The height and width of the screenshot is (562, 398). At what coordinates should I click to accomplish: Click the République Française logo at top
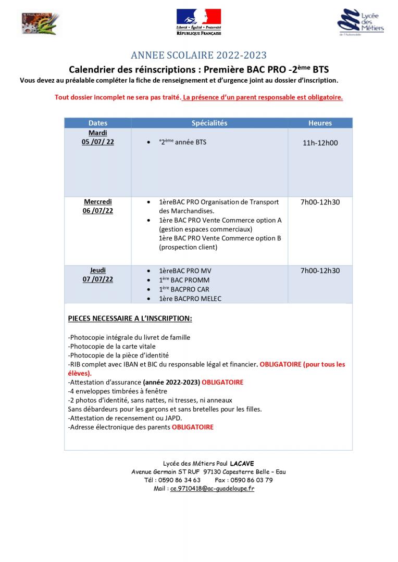(198, 22)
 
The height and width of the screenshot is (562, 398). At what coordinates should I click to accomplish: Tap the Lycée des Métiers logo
(360, 22)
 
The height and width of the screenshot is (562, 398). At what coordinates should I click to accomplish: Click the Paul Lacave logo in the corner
(40, 23)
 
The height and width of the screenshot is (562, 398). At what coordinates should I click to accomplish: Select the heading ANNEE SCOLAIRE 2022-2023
(198, 56)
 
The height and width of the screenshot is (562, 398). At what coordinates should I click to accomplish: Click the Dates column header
(98, 123)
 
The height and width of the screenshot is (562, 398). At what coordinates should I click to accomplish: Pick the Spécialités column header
(209, 123)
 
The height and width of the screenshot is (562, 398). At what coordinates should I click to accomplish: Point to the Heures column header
(320, 123)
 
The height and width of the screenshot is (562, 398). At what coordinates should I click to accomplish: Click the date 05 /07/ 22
(98, 142)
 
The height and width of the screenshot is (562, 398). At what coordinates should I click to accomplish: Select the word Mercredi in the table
(98, 202)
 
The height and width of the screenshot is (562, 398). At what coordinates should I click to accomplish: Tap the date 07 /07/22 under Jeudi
(98, 279)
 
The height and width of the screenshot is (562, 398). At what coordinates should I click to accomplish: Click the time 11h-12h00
(320, 143)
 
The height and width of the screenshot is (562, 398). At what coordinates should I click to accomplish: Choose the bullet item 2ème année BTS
(183, 142)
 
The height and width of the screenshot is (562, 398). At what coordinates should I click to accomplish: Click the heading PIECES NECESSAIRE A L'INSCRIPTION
(130, 318)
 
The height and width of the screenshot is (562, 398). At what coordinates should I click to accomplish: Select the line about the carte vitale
(112, 346)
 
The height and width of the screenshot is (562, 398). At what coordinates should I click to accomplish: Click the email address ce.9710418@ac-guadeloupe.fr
(212, 489)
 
